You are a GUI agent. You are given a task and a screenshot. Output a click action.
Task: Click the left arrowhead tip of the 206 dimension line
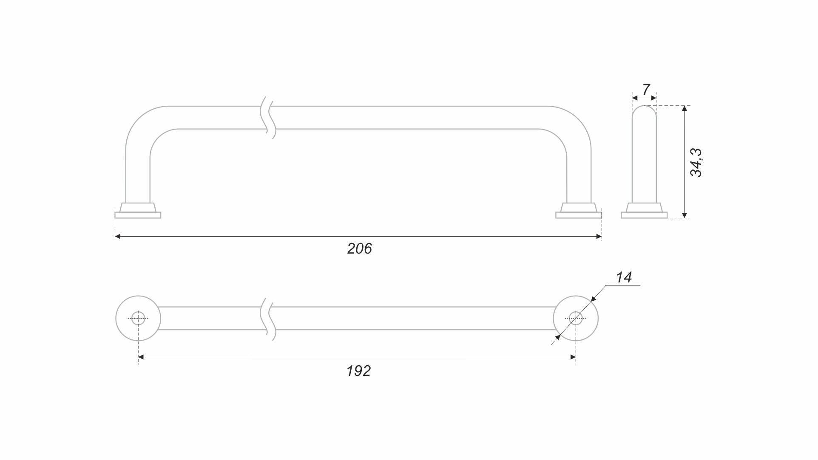[x=115, y=237]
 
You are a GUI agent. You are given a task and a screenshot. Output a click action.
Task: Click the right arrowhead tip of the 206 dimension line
[x=602, y=237]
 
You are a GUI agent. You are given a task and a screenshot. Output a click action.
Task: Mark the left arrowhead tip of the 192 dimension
[x=139, y=357]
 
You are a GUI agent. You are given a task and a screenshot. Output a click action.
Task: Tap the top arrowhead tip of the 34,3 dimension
[x=684, y=106]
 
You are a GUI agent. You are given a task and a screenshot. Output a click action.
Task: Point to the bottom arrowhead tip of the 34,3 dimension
[x=684, y=218]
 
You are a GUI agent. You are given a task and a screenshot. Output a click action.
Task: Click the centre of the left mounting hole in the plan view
[x=138, y=318]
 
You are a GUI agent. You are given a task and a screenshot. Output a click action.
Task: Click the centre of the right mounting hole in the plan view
[x=576, y=318]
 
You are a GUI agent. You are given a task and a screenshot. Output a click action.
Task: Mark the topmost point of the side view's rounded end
[x=644, y=106]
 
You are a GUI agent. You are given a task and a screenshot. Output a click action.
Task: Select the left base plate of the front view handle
[x=138, y=215]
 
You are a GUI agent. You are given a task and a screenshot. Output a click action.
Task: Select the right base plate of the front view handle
[x=579, y=215]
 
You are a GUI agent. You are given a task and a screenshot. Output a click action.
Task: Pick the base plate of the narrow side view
[x=644, y=215]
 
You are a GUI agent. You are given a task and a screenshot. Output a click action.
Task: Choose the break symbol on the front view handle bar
[x=268, y=118]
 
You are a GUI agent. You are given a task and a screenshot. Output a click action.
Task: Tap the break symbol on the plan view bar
[x=268, y=319]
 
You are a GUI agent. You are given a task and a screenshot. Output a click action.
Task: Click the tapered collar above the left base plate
[x=138, y=207]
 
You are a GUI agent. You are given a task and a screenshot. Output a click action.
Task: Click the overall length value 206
[x=359, y=248]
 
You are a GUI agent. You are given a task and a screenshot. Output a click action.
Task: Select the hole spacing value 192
[x=358, y=371]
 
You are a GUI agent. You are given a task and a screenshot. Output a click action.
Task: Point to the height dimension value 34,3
[x=696, y=162]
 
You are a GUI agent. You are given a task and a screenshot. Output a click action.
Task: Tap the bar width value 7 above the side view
[x=646, y=90]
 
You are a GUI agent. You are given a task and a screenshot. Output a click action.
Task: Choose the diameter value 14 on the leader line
[x=624, y=277]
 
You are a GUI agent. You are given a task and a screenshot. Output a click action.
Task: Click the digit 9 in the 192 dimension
[x=358, y=371]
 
